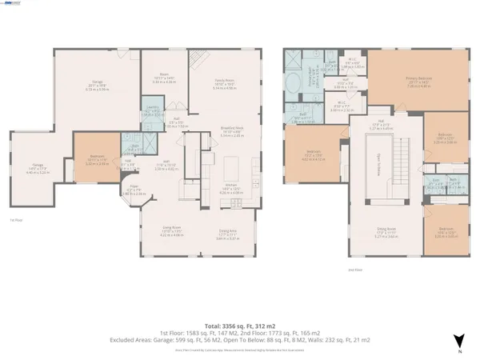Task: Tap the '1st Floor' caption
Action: (14, 219)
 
